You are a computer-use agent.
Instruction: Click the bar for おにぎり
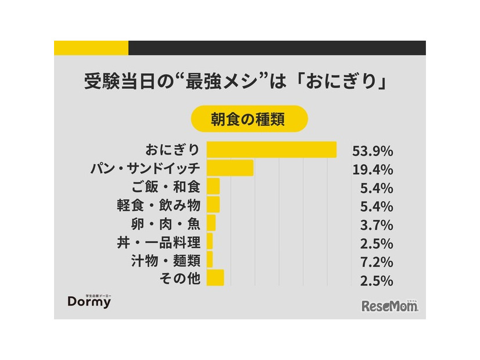271,150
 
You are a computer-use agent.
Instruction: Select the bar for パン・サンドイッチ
230,168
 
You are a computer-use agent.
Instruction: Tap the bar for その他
215,278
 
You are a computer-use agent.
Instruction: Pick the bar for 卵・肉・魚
211,224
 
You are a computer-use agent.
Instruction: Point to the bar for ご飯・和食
213,187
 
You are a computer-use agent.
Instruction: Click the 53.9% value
372,151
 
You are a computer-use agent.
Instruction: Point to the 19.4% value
372,170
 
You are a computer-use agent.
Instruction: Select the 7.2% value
376,261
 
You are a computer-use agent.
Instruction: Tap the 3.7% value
376,225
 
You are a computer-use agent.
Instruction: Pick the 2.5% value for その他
376,280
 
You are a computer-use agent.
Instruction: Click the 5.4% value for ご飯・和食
376,188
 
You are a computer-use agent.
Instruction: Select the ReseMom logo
389,305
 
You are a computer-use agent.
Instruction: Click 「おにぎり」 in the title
339,82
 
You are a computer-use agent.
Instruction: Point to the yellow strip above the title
91,48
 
